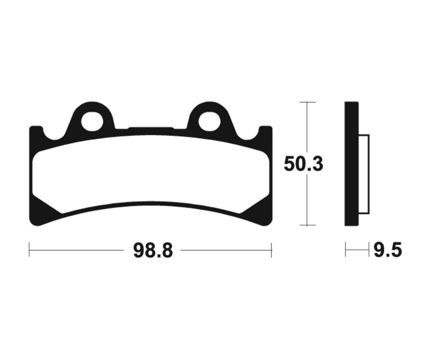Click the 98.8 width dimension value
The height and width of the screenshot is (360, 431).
152,250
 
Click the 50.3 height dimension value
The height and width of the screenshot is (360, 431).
304,164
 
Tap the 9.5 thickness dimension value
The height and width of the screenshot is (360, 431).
387,250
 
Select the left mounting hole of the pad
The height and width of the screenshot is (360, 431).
92,121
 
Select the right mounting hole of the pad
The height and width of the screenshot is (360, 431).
209,121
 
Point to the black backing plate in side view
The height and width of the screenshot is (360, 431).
352,164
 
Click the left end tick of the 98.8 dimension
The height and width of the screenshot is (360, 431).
29,250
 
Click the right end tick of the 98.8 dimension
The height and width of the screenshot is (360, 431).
272,250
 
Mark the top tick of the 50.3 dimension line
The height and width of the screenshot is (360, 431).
307,102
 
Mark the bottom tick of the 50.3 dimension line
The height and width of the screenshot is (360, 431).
307,225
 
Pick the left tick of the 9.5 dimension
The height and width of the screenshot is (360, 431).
346,250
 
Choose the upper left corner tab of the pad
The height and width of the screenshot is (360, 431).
35,132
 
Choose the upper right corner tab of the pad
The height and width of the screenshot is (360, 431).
266,132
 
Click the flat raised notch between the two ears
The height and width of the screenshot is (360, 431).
150,129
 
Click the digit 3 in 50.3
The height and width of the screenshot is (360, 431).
317,164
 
